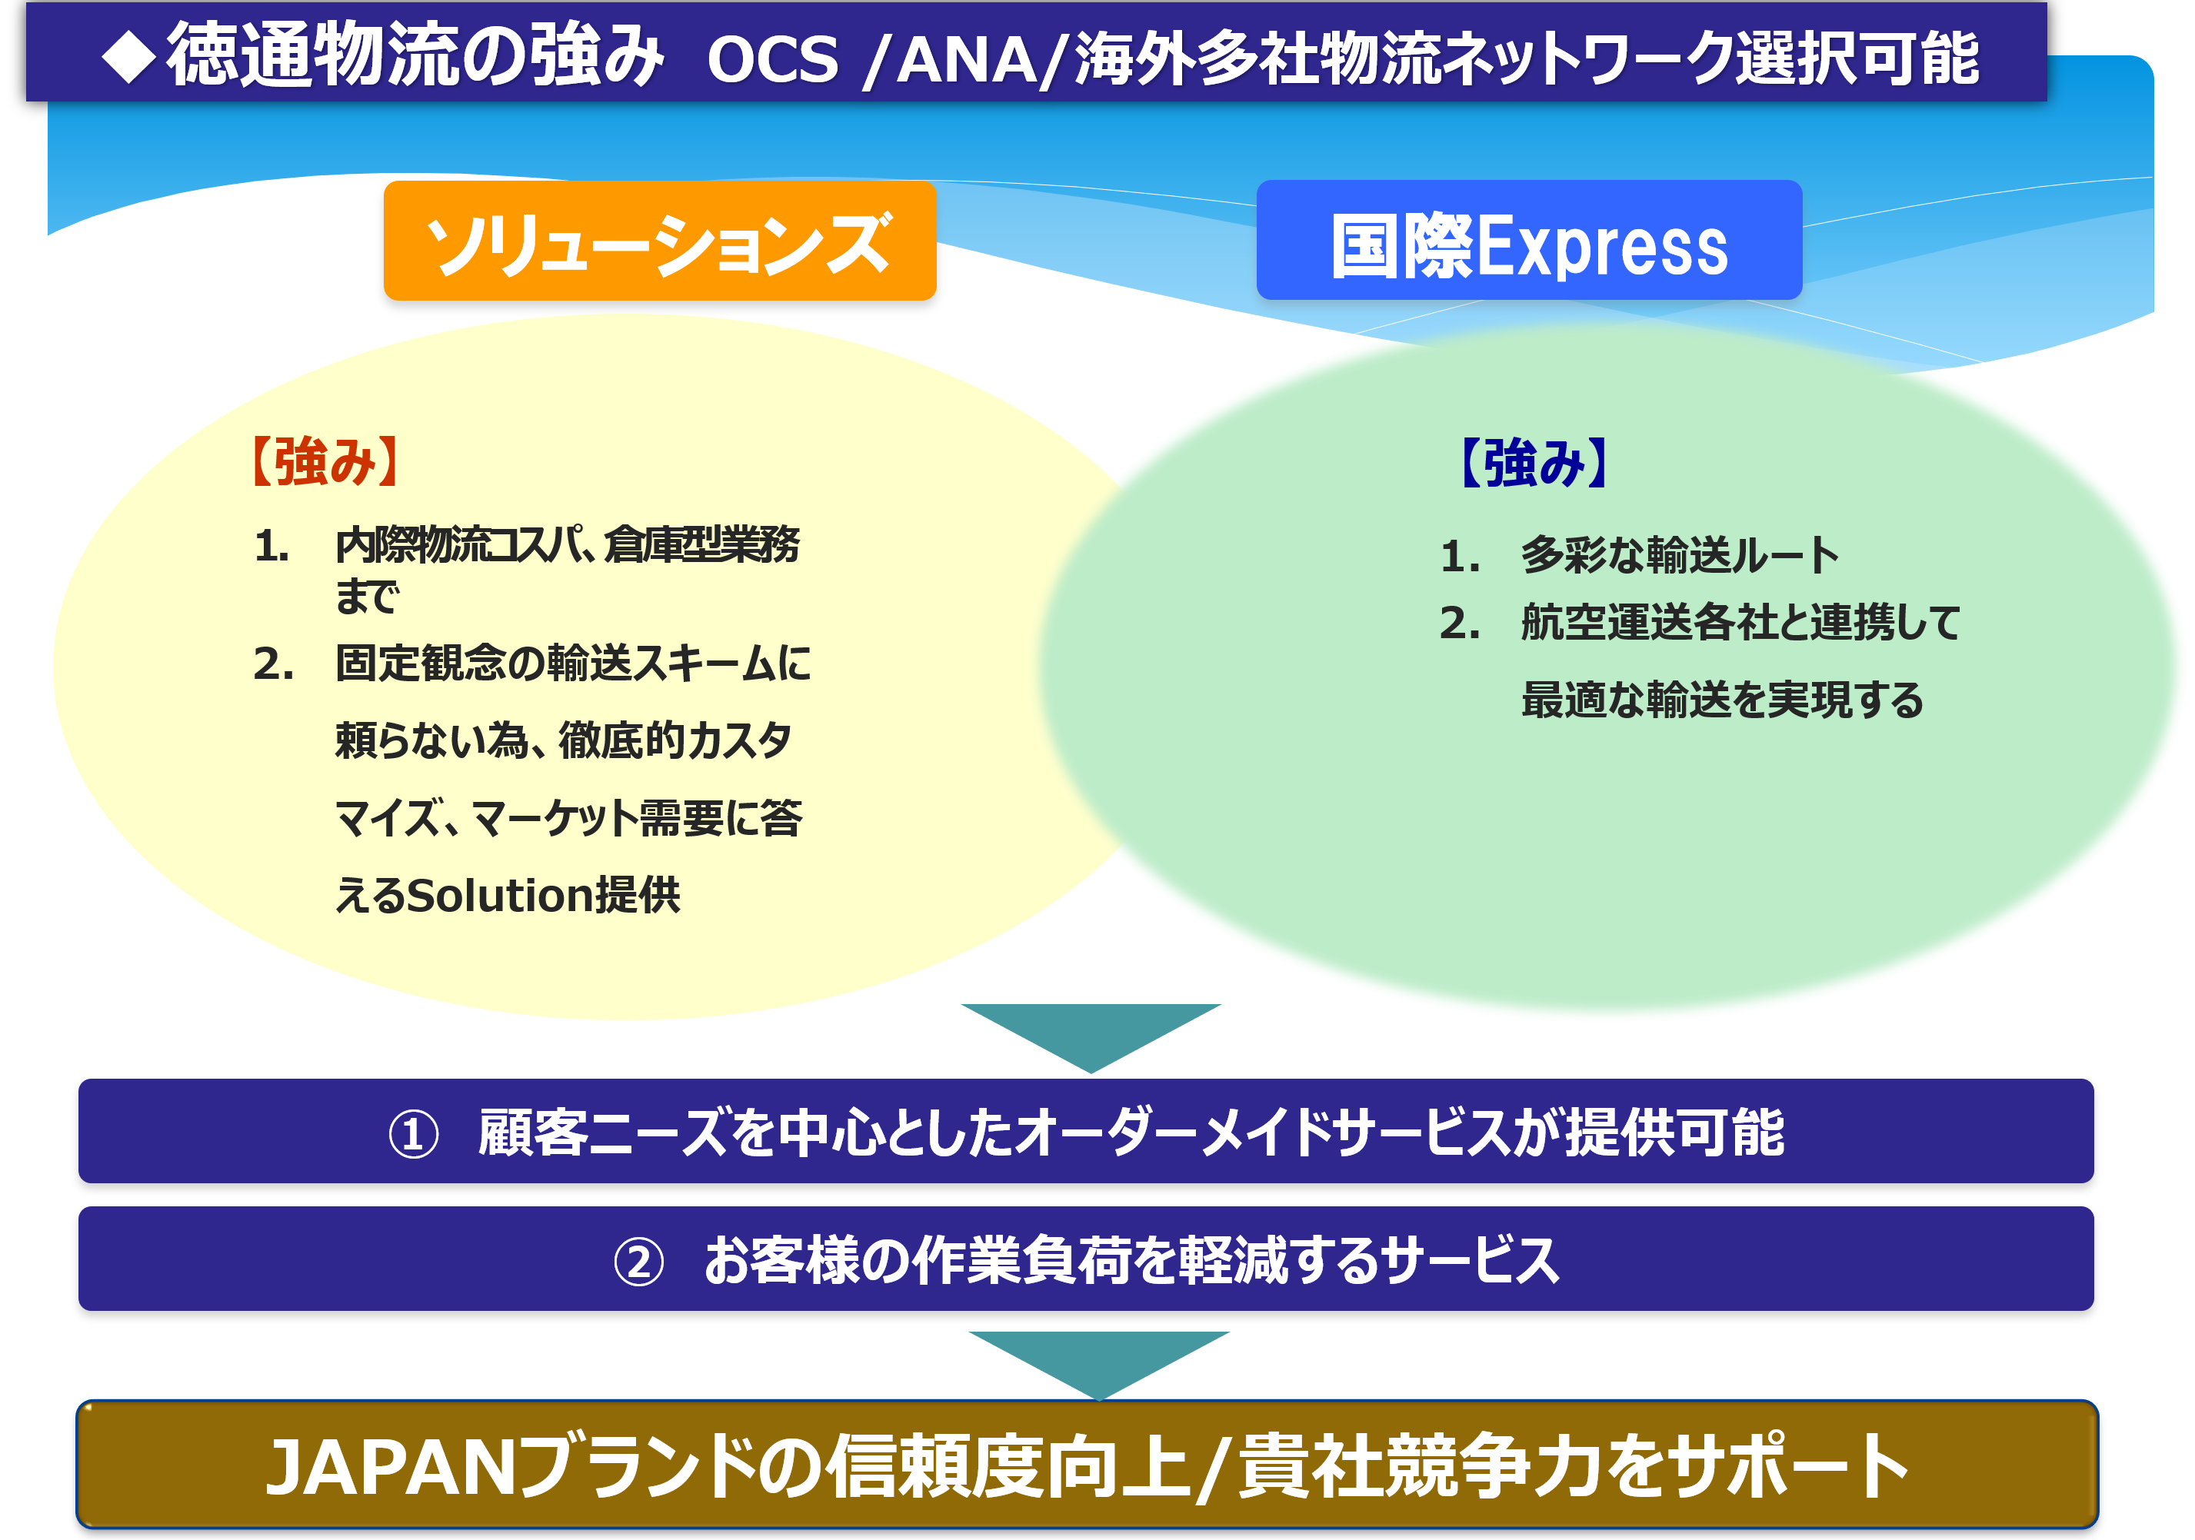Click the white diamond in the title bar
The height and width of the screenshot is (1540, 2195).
point(129,56)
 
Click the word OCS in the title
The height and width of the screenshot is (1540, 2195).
point(772,59)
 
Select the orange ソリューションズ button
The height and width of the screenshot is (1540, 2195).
point(660,241)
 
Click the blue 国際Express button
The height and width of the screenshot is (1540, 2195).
point(1529,240)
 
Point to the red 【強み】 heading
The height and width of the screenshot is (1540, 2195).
point(324,462)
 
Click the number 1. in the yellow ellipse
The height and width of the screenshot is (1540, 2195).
point(271,547)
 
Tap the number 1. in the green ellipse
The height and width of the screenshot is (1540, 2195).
point(1460,557)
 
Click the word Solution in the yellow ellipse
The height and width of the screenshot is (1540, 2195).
point(499,896)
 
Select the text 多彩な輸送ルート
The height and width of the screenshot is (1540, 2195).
point(1680,555)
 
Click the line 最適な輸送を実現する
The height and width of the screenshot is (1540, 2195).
point(1722,700)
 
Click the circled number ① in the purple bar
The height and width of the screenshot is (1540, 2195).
point(413,1135)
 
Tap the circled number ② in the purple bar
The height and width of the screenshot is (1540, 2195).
point(638,1262)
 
